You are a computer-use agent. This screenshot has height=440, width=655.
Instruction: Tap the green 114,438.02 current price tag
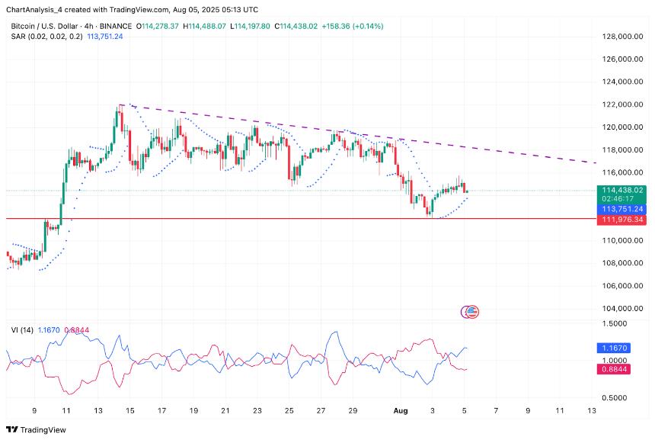tap(622, 190)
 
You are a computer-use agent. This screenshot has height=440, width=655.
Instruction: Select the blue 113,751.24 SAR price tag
tap(622, 208)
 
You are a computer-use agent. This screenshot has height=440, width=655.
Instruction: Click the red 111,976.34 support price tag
tap(622, 220)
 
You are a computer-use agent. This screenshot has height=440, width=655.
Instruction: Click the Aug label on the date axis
tap(401, 411)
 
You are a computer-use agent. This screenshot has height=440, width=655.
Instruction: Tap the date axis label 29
tap(353, 411)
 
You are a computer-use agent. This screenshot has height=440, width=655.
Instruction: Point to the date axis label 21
tap(225, 411)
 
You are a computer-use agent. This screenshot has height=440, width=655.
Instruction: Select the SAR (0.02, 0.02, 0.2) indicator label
tap(46, 36)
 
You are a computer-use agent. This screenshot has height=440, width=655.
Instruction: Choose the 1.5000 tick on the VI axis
tap(615, 323)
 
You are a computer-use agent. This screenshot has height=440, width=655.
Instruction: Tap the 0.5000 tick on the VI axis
tap(615, 397)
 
